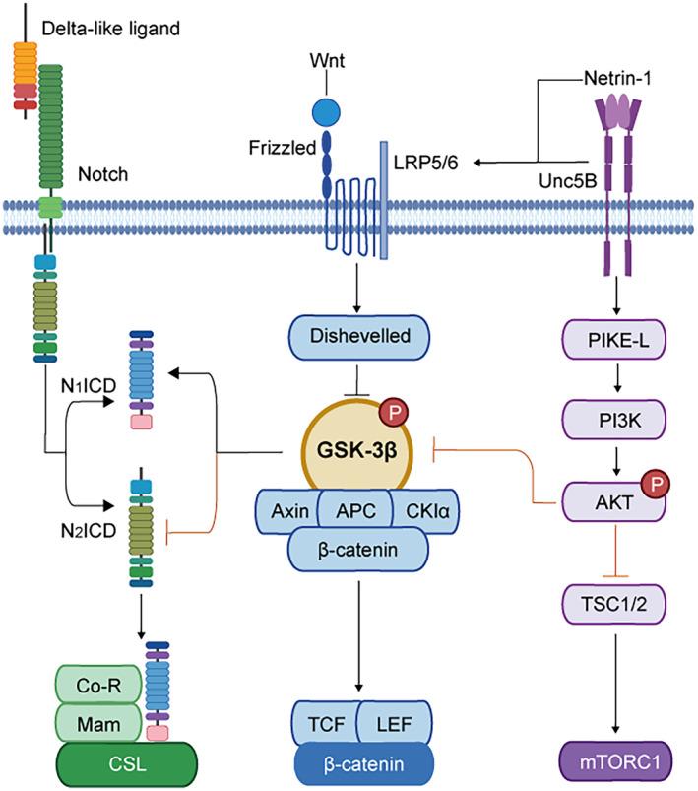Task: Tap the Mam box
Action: (98, 725)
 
